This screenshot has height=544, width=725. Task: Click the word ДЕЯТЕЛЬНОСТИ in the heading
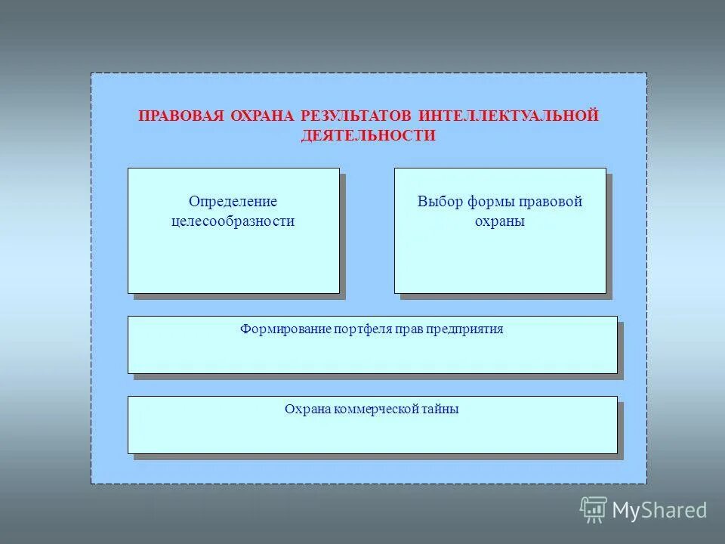(369, 136)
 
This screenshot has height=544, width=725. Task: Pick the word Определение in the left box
(233, 202)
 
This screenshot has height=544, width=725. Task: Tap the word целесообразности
(233, 221)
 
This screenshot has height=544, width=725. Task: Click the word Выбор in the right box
(438, 202)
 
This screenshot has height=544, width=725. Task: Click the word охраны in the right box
(500, 221)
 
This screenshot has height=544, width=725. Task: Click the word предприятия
(464, 329)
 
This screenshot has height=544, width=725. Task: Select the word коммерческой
(376, 410)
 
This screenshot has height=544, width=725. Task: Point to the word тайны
(441, 410)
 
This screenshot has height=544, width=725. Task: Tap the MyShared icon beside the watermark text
(594, 510)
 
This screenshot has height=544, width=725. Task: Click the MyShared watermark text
(659, 511)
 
